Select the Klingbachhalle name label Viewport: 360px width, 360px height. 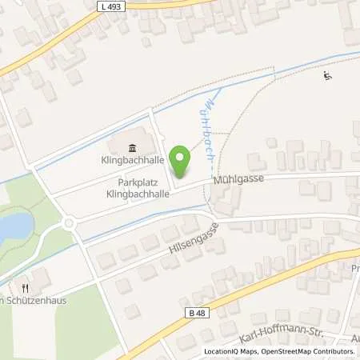132,160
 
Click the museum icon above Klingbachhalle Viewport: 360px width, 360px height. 132,146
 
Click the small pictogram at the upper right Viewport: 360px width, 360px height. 327,77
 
